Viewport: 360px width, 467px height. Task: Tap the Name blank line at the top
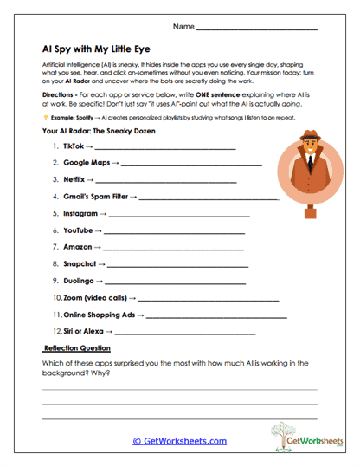257,29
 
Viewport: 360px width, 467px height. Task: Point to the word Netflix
75,180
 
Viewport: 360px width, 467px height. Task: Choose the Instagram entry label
80,213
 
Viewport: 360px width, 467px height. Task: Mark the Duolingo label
80,280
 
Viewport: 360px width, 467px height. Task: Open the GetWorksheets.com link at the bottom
179,441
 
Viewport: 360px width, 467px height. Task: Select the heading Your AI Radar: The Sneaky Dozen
97,131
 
